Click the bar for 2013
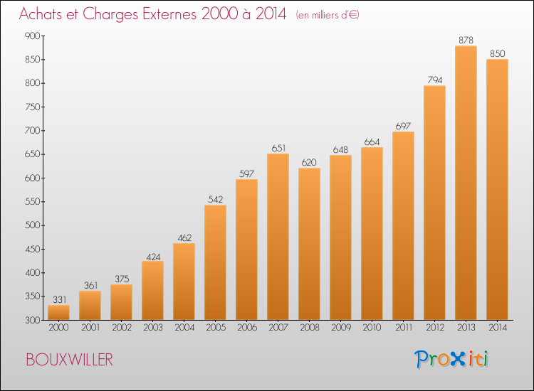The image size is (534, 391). [466, 183]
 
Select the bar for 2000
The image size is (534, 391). [58, 313]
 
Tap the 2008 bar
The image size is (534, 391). [309, 244]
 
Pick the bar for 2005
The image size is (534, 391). [215, 262]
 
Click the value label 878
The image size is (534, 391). [466, 40]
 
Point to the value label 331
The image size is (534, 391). [60, 299]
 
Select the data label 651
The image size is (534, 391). [278, 149]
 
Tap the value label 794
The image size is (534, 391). [435, 80]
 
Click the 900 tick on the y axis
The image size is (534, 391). [33, 36]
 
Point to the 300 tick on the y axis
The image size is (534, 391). [33, 320]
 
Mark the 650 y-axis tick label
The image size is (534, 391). [33, 154]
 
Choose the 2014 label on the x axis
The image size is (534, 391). [498, 328]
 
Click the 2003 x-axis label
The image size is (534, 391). [153, 328]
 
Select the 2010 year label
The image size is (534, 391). [372, 328]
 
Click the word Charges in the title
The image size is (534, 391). [110, 14]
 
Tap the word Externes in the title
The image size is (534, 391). [169, 14]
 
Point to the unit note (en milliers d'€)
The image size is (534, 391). [328, 15]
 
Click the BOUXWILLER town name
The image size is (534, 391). [70, 360]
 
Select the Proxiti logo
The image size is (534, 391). [451, 359]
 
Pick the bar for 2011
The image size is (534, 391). [403, 226]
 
